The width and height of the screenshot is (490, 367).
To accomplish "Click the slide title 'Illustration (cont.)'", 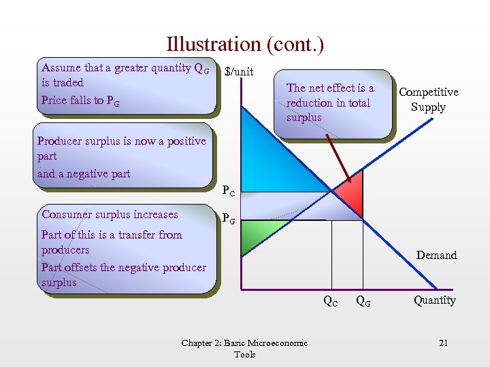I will [x=245, y=45].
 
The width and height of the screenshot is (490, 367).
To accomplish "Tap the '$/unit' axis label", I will [x=239, y=71].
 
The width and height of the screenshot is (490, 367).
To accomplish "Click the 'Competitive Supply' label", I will [x=428, y=99].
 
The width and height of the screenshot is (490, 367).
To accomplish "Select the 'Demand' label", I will [x=436, y=255].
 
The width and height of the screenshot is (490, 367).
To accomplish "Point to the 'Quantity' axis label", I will [x=434, y=300].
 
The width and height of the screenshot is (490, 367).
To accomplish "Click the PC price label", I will [x=229, y=192].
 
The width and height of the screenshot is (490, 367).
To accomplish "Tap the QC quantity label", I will [x=330, y=301].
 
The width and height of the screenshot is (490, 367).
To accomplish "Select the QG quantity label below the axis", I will [x=363, y=301].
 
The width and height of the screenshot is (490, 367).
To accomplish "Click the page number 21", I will [x=443, y=343].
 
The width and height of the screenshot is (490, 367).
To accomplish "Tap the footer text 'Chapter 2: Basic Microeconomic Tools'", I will [x=244, y=348].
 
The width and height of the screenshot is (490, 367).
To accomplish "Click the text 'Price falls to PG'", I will [x=80, y=101].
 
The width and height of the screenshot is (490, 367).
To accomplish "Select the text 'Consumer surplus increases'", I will [x=110, y=215].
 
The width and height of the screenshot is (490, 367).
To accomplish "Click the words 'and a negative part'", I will [x=84, y=174].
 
